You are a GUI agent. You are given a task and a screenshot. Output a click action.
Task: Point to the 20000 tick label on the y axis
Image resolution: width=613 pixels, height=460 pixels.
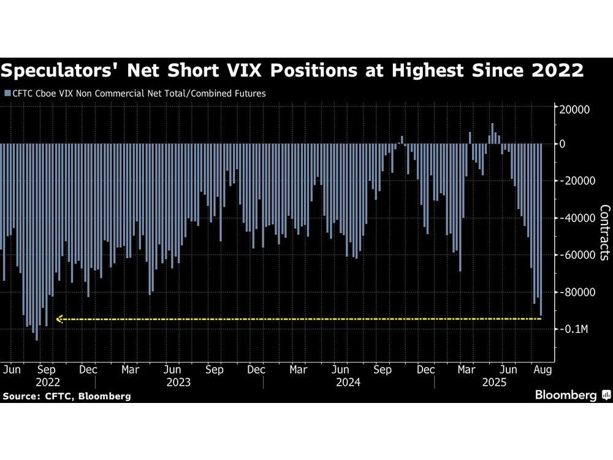pos(571,109)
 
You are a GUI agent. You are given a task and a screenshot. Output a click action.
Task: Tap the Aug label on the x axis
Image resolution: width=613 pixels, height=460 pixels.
pos(543,370)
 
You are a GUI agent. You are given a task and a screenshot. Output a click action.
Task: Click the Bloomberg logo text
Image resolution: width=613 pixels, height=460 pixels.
pos(566,395)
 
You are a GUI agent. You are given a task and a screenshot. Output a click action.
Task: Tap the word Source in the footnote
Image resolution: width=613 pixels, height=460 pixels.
pos(20,396)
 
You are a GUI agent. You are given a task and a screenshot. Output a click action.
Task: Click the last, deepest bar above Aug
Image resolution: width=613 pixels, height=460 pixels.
pos(541,229)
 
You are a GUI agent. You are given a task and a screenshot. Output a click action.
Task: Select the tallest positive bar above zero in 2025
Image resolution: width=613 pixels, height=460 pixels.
pos(492,134)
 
